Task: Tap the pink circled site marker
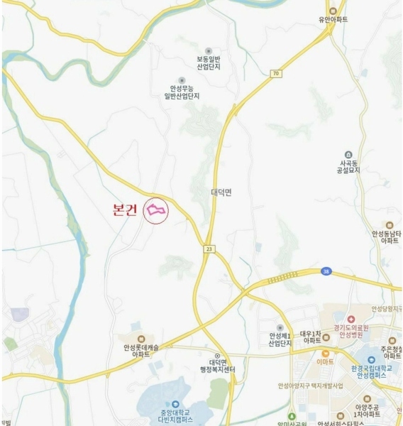156,211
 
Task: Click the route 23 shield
209,248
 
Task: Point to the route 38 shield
325,271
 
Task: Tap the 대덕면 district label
221,192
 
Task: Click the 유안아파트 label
333,20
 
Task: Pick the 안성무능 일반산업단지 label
182,92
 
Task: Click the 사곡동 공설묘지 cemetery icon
347,155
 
